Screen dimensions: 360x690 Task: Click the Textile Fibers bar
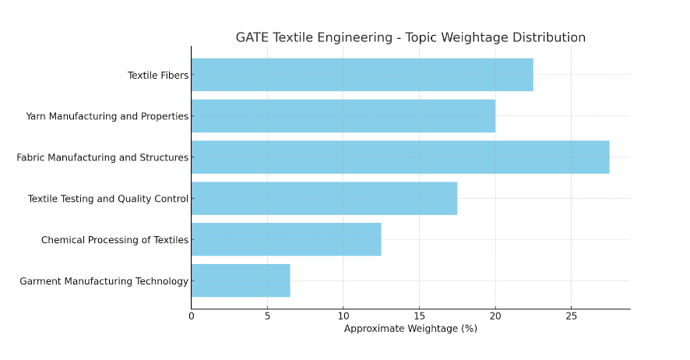[362, 75]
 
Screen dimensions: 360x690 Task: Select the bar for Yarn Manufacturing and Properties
[343, 116]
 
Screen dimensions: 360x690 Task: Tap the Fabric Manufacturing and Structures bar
[400, 157]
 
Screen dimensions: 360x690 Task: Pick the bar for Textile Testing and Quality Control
[324, 199]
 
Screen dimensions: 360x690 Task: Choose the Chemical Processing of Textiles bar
[286, 239]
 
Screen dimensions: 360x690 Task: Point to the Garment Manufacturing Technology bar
[241, 281]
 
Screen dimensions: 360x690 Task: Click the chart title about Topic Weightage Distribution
[410, 37]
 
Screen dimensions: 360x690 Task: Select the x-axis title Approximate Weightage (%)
[410, 329]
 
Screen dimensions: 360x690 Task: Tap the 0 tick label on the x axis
[192, 316]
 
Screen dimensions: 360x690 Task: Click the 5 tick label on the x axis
[267, 316]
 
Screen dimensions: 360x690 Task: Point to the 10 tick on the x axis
[343, 316]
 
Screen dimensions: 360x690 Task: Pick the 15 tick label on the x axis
[419, 316]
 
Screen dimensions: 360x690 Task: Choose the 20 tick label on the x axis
[495, 316]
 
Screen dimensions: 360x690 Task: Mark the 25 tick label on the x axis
[571, 316]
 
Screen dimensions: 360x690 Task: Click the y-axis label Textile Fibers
[158, 76]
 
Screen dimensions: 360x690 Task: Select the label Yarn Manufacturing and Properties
[107, 117]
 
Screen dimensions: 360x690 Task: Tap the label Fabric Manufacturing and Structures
[103, 158]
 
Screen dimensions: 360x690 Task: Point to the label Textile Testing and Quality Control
[108, 199]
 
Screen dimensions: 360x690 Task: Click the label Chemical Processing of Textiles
[115, 240]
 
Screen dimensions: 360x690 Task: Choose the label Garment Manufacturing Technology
[104, 281]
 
